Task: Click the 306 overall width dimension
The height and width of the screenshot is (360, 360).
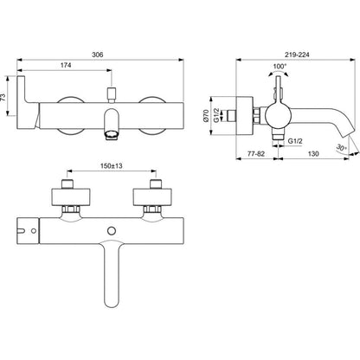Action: click(98, 55)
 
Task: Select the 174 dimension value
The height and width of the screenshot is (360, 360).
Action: click(66, 65)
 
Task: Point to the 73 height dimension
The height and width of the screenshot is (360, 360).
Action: click(3, 97)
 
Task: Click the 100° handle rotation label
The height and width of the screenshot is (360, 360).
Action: click(280, 66)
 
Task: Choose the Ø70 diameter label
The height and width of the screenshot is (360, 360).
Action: click(206, 116)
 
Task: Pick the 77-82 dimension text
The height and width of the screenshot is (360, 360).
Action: click(254, 153)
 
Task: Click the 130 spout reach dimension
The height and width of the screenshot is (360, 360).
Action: click(313, 153)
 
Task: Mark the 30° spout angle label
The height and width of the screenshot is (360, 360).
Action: click(342, 148)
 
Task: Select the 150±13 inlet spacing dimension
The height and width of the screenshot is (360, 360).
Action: click(112, 166)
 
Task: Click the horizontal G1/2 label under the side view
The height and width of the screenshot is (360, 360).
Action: click(295, 141)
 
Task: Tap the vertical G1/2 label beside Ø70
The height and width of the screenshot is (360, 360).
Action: click(216, 115)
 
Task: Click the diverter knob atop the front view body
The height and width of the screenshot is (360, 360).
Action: click(112, 94)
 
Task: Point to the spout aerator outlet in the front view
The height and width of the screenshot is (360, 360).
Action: click(112, 135)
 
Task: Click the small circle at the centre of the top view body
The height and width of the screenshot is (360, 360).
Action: click(112, 230)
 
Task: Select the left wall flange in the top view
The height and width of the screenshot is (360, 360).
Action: click(71, 197)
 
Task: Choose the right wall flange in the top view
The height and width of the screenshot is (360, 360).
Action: click(152, 197)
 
